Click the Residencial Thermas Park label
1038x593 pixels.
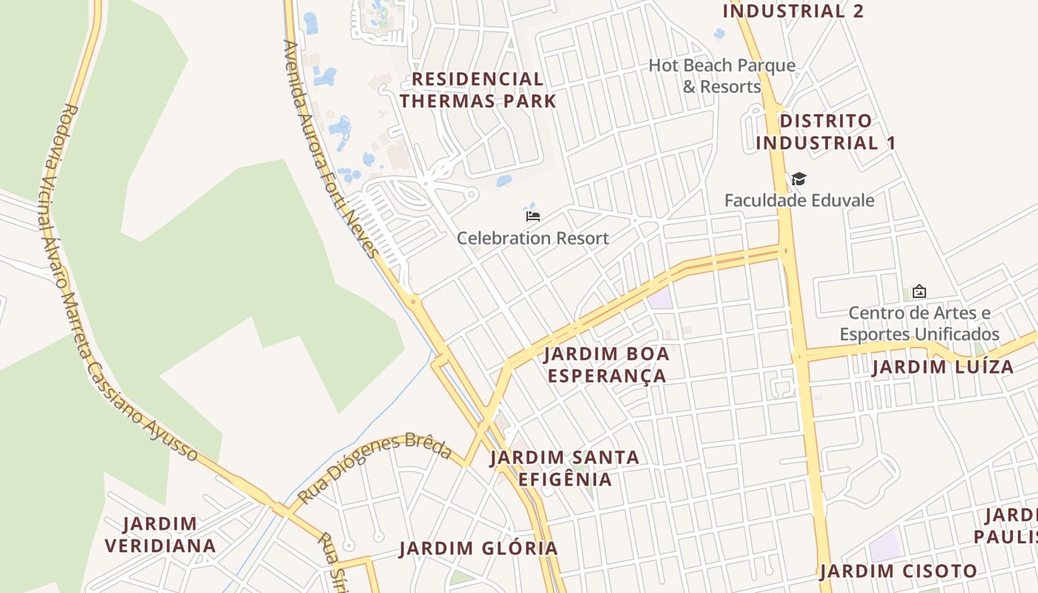coord(478,90)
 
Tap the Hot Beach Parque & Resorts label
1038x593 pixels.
coord(721,76)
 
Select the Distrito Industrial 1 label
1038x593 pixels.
coord(826,131)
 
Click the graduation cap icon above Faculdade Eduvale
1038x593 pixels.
coord(799,179)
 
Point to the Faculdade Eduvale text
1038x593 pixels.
coord(799,200)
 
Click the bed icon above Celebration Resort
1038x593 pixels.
coord(532,216)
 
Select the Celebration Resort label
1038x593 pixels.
coord(532,238)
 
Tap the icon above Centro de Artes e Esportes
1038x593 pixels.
coord(919,291)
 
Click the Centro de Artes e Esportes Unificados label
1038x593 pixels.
coord(919,323)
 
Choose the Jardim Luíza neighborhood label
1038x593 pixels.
coord(942,367)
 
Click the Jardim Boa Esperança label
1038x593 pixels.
coord(606,364)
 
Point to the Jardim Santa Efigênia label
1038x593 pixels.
coord(565,468)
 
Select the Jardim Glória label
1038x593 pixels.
coord(478,549)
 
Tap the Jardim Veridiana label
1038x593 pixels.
coord(160,534)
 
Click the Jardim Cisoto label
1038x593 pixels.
coord(899,572)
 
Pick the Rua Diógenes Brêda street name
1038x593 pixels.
coord(374,467)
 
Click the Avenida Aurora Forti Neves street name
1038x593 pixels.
coord(331,148)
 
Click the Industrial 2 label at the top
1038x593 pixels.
coord(793,10)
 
